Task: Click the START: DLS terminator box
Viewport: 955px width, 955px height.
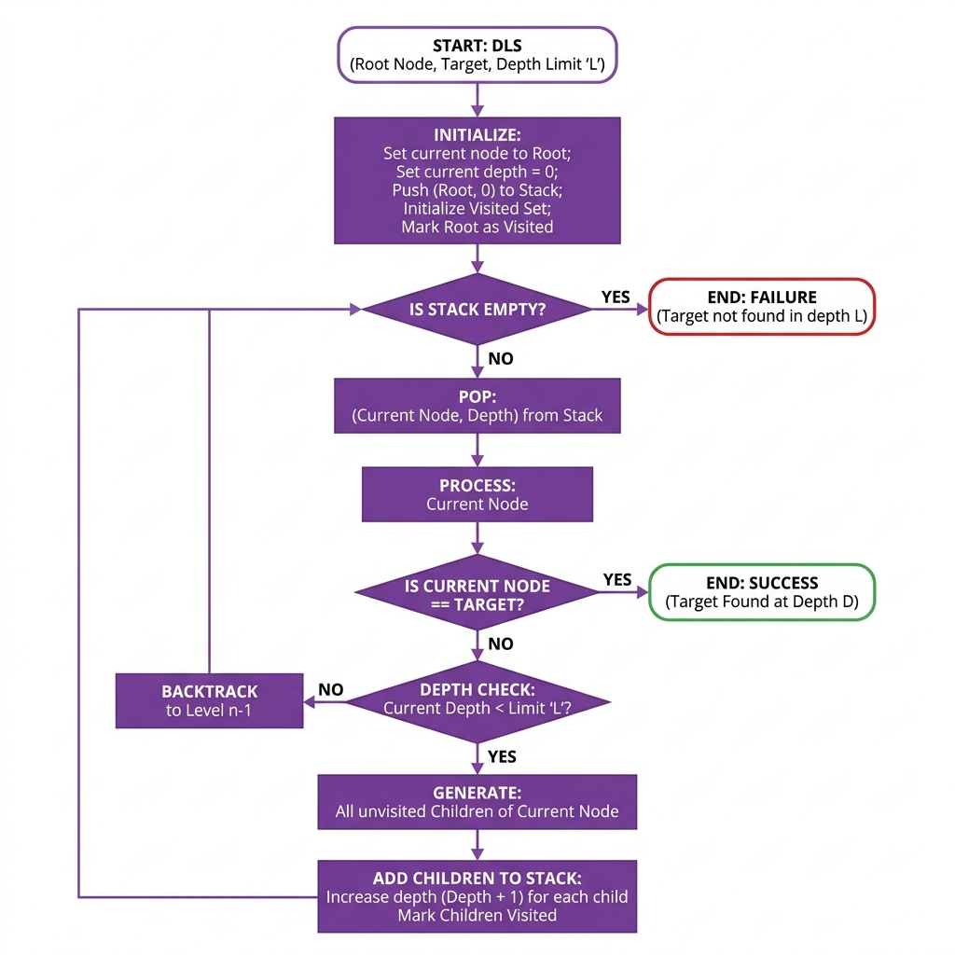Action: pyautogui.click(x=477, y=55)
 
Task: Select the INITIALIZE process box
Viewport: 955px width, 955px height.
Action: pyautogui.click(x=477, y=181)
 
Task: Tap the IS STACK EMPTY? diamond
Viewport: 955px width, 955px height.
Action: pyautogui.click(x=477, y=310)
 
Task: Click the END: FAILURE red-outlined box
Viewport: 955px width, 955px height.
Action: pyautogui.click(x=762, y=307)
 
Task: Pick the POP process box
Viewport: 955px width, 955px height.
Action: pyautogui.click(x=477, y=406)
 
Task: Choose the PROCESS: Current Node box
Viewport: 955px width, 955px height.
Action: pyautogui.click(x=477, y=494)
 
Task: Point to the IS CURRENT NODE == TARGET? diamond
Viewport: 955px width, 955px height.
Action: pyautogui.click(x=477, y=595)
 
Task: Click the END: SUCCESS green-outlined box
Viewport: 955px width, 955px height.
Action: pyautogui.click(x=762, y=592)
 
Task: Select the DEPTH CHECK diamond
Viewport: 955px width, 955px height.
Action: pyautogui.click(x=477, y=700)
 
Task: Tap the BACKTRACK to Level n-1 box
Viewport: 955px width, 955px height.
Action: pyautogui.click(x=209, y=700)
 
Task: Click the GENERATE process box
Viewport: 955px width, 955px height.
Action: pyautogui.click(x=477, y=802)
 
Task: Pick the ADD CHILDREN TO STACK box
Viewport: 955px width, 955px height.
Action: pyautogui.click(x=477, y=896)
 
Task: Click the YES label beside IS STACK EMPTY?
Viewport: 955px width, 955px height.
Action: pyautogui.click(x=616, y=298)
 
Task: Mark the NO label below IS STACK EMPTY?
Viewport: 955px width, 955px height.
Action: pyautogui.click(x=501, y=359)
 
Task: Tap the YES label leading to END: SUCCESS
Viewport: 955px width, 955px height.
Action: pyautogui.click(x=617, y=580)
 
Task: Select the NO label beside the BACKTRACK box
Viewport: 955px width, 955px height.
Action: pyautogui.click(x=331, y=690)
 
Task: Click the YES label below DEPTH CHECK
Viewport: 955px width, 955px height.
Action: pyautogui.click(x=502, y=756)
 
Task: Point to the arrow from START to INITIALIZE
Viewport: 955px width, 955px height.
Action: pyautogui.click(x=477, y=100)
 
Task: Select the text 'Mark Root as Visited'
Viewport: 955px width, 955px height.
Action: pyautogui.click(x=477, y=227)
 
